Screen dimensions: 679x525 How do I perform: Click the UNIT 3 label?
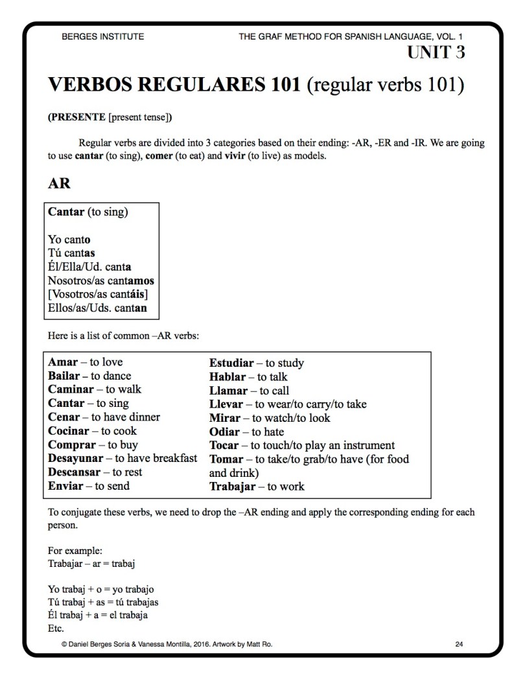click(436, 52)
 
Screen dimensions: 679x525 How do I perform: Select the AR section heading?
click(59, 183)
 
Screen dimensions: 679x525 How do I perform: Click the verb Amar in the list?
click(63, 362)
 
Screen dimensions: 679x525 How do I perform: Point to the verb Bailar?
click(64, 376)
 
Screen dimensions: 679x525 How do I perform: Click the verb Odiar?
click(224, 432)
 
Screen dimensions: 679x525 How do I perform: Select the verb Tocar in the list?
click(224, 445)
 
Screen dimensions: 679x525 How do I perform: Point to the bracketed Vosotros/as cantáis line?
click(102, 294)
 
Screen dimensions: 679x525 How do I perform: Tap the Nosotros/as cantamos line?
click(101, 281)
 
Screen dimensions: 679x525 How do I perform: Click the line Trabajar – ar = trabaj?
click(91, 563)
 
